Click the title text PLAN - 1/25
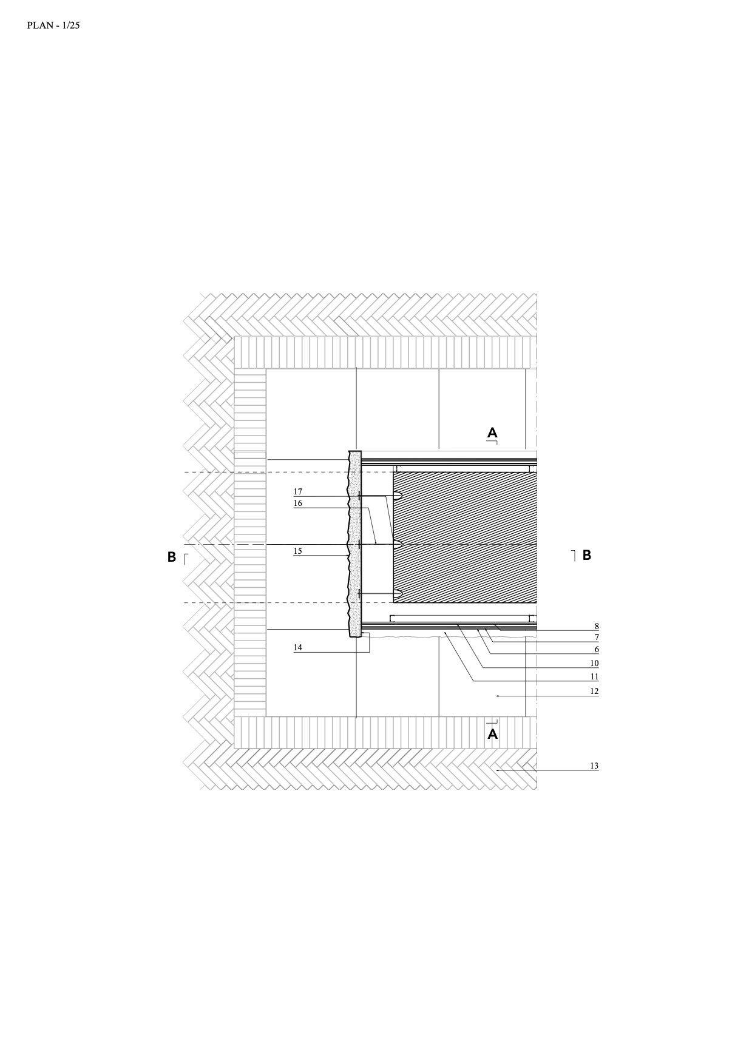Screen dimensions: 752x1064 point(53,25)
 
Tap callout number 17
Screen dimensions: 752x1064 point(297,491)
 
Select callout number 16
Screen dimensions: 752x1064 point(297,503)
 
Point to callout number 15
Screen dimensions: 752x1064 point(297,551)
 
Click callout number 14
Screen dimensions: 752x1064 point(297,647)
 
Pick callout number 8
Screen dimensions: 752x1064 point(597,626)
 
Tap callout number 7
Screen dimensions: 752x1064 point(597,637)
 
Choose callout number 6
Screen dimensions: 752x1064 point(597,649)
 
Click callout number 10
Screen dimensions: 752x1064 point(594,663)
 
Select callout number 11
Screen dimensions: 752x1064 point(594,676)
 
